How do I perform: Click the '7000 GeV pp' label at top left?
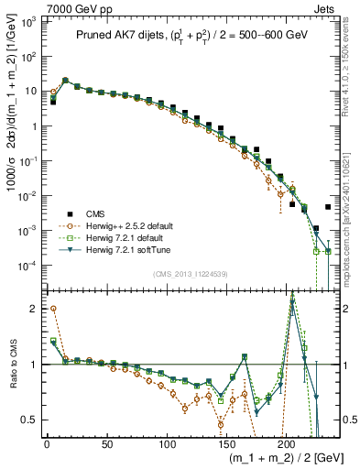pyautogui.click(x=38, y=7)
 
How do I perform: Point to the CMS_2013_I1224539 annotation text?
pyautogui.click(x=190, y=272)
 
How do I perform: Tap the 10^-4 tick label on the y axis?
pyautogui.click(x=28, y=266)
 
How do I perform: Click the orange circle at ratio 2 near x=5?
pyautogui.click(x=53, y=309)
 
